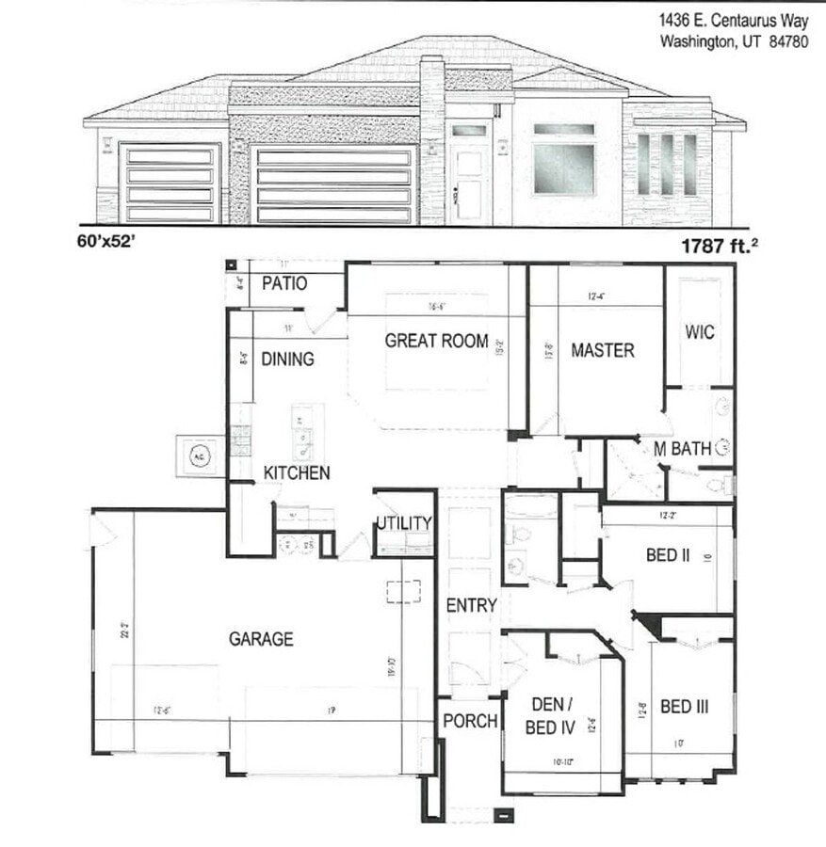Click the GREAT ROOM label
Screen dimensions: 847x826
(x=436, y=341)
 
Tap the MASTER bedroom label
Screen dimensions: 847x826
(x=603, y=350)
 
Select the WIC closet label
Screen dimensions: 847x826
(x=700, y=332)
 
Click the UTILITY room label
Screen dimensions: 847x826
(x=404, y=523)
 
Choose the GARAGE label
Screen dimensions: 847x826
(x=261, y=639)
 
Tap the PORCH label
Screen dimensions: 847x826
(x=470, y=721)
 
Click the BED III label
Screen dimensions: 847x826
(x=685, y=706)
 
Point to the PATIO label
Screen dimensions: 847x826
(x=283, y=283)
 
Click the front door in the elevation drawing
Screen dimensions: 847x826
(x=468, y=181)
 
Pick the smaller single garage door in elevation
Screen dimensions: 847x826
(x=170, y=184)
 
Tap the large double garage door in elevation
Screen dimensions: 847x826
(x=334, y=185)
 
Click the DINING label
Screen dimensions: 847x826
(x=287, y=359)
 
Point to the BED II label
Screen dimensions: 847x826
(x=668, y=555)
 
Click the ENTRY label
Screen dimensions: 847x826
(x=471, y=605)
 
